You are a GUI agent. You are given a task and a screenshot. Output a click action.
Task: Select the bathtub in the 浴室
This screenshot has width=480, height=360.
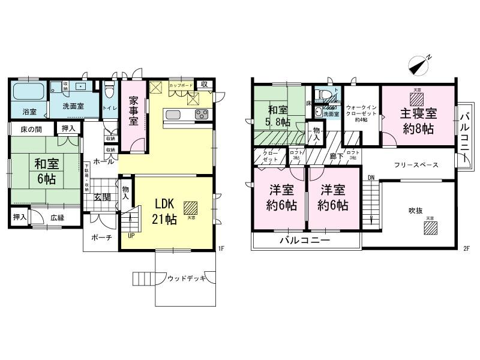29,93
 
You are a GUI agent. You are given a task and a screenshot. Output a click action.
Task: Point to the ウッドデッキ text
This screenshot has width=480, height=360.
187,278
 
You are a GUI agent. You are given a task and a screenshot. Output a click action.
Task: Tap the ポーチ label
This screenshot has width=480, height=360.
101,237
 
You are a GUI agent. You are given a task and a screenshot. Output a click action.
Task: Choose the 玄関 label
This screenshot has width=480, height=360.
102,197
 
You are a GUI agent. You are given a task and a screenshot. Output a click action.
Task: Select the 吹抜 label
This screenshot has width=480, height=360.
416,211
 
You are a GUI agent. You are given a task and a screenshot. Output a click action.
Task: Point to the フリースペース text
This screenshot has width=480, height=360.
416,165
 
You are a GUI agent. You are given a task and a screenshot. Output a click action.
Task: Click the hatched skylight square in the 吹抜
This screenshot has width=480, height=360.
430,229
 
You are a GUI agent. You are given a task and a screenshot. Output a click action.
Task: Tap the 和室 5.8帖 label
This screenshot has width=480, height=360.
279,116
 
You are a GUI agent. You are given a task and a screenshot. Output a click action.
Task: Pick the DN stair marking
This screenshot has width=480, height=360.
371,178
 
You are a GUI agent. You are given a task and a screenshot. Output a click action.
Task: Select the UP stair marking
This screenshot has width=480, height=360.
131,236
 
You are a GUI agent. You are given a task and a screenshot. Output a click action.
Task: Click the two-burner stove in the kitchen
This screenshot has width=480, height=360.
201,114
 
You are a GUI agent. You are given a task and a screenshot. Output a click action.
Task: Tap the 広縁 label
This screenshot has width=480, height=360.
58,218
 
